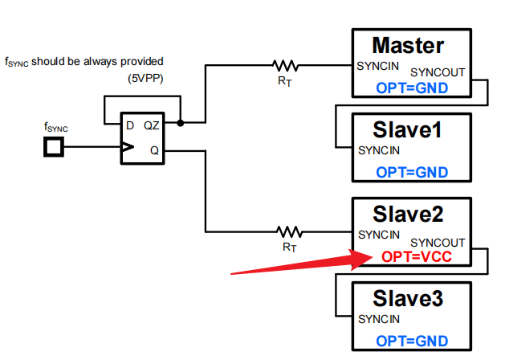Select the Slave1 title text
point(408,129)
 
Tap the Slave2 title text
point(408,214)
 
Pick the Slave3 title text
point(408,299)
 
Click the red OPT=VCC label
point(417,257)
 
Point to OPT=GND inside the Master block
point(412,88)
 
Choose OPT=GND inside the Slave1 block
point(412,172)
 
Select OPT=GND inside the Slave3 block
point(412,342)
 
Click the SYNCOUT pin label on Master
point(438,72)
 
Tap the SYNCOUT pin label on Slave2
point(438,242)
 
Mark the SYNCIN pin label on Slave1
point(379,150)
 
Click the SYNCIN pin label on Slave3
point(379,320)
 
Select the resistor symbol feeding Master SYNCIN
point(286,64)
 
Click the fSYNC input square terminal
point(55,147)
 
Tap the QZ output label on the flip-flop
point(151,125)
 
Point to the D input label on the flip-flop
point(128,125)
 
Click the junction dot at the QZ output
point(181,123)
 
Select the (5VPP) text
point(145,80)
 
